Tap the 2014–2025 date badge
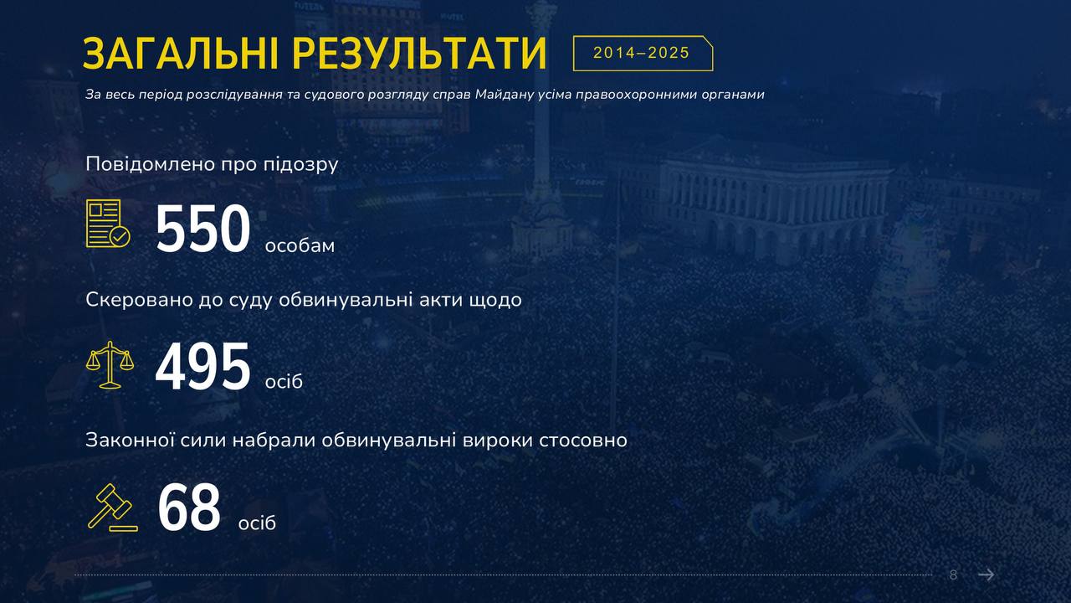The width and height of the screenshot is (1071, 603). point(643,53)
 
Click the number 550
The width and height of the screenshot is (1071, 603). point(202,229)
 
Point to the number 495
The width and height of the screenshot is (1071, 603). point(202,366)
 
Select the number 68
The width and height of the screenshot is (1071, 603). point(189,508)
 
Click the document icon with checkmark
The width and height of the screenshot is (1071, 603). point(108,224)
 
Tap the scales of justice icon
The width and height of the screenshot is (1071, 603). point(110,364)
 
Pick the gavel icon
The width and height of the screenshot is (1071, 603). point(113,508)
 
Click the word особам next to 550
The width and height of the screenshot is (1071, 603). point(300,245)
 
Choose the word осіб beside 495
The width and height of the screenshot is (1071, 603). point(284,381)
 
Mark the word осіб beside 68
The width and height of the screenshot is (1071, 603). point(257,523)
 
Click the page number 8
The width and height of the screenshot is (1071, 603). point(953,575)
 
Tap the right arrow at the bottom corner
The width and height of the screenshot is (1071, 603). point(986,575)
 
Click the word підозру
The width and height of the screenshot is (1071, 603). point(300,165)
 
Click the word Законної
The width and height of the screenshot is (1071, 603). point(130,441)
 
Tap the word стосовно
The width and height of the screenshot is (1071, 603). point(583,441)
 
